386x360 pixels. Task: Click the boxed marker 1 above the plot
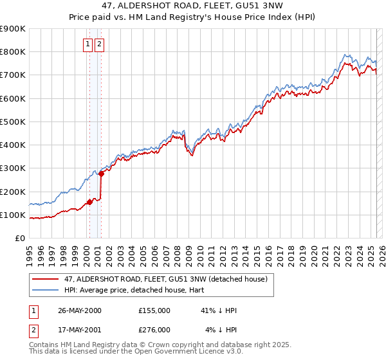coord(87,44)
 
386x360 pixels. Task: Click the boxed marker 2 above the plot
coord(100,44)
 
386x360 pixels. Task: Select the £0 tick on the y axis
coord(19,239)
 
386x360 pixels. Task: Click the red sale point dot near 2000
coord(89,203)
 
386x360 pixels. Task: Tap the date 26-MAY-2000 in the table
coord(80,310)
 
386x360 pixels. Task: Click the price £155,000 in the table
coord(154,310)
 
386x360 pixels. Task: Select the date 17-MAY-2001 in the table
coord(80,330)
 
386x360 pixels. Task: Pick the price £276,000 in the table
coord(154,330)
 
